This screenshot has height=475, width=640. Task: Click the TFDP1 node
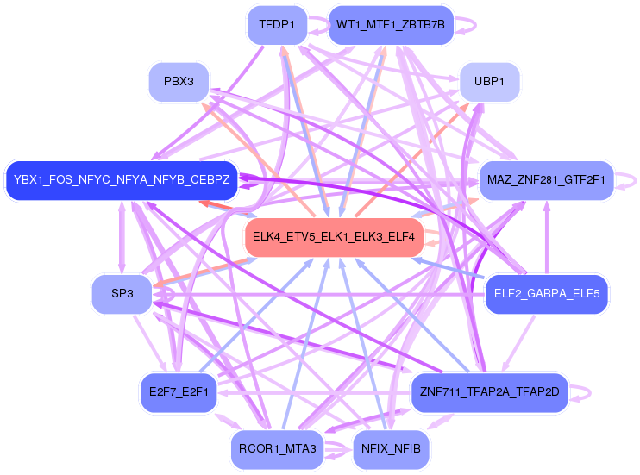click(x=277, y=25)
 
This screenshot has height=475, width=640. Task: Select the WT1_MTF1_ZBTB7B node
click(x=390, y=25)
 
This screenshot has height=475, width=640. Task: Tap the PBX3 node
click(x=178, y=82)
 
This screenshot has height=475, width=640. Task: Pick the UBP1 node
click(x=489, y=82)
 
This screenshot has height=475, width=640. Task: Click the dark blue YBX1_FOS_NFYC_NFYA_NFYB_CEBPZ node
click(x=122, y=180)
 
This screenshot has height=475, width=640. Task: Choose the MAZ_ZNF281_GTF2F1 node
click(x=546, y=180)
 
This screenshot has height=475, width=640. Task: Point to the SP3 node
click(x=122, y=294)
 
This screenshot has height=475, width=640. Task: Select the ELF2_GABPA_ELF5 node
click(x=547, y=294)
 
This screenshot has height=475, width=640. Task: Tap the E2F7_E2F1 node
click(x=178, y=392)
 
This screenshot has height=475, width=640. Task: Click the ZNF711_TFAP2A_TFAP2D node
click(x=489, y=392)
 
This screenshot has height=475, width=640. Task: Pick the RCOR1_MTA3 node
click(x=277, y=449)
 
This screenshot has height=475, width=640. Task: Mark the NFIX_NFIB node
click(x=391, y=449)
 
